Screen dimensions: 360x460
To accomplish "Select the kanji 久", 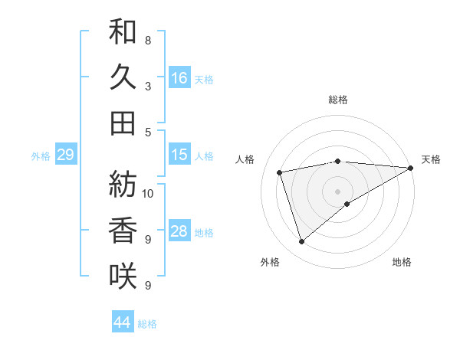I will coord(123,77).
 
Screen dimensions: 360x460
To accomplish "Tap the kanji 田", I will coord(123,123).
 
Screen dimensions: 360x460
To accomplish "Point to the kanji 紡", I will coord(123,184).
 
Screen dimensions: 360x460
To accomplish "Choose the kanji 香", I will coord(123,230).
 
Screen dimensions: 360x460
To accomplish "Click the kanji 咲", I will coord(123,275).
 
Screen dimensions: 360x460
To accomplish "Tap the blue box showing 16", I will coord(179,77).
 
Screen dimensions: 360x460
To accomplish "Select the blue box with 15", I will coord(179,155).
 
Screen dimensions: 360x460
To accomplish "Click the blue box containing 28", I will coord(179,231).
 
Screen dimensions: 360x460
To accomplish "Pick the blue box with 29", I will coord(65,155).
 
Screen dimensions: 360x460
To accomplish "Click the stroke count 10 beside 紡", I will coord(149,193).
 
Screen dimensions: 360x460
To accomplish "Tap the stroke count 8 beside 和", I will coord(147,40).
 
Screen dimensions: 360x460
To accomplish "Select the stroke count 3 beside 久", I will coord(147,87).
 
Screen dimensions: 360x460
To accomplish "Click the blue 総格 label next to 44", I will coord(147,324).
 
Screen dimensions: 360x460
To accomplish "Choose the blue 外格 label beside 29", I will coord(41,156).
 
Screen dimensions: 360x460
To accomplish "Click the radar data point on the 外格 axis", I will coord(301,242).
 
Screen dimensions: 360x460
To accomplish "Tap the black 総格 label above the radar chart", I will coord(338,100).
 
